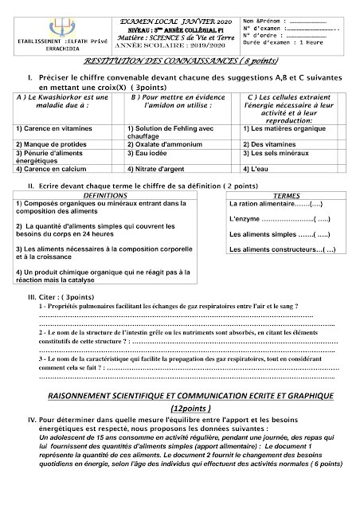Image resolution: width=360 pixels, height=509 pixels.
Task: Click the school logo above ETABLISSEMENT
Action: pos(49,23)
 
